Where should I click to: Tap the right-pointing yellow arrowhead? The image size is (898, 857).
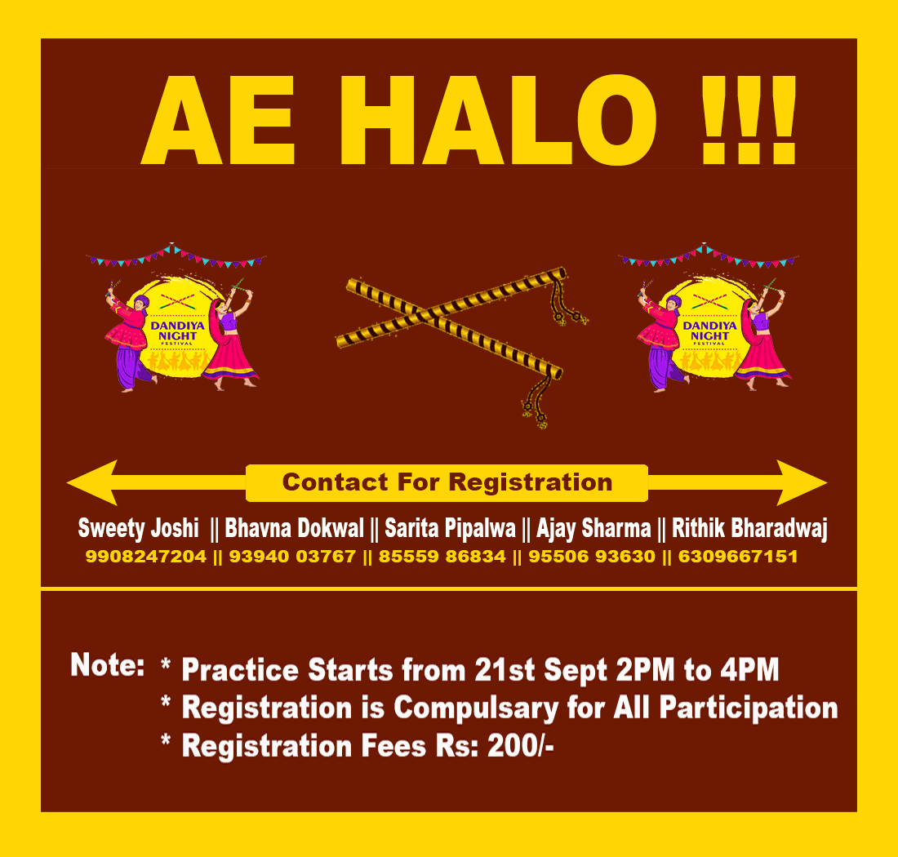(802, 482)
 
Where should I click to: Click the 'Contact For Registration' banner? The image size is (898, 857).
(447, 482)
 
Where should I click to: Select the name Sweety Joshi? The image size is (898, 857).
(139, 528)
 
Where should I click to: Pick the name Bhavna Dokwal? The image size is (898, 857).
(294, 528)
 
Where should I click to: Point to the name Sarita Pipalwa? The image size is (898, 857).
(450, 528)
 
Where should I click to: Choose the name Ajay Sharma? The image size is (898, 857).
(593, 528)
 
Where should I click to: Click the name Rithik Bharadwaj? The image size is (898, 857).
(749, 528)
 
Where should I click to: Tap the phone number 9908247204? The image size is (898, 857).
(146, 557)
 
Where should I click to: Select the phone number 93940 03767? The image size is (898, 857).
(292, 557)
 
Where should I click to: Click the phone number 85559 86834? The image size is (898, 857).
(442, 557)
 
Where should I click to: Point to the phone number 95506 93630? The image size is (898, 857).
(592, 557)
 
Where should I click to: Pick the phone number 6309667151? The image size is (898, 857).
(738, 557)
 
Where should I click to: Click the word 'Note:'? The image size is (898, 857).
(108, 665)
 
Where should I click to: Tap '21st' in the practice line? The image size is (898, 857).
(505, 670)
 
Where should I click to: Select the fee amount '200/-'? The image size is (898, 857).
(521, 747)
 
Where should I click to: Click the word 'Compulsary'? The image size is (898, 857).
(476, 708)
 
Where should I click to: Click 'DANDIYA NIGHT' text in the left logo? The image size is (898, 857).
(177, 331)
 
